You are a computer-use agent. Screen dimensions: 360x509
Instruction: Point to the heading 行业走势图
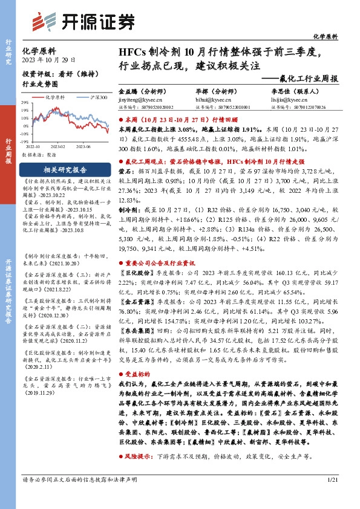tap(39, 85)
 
